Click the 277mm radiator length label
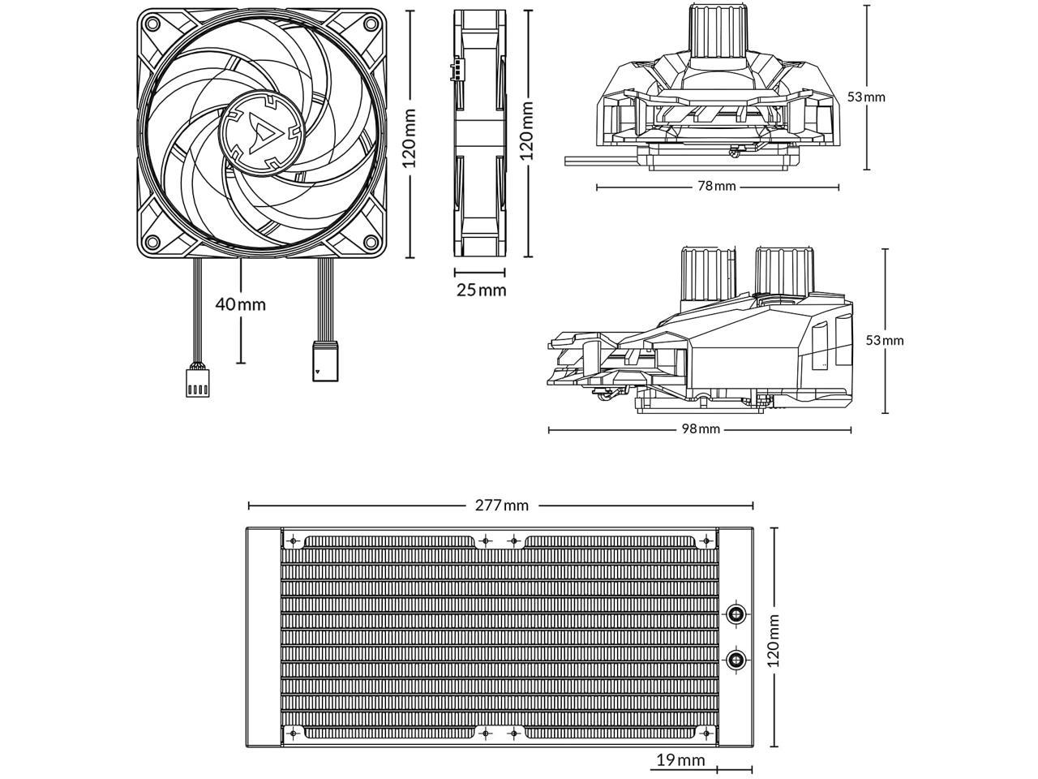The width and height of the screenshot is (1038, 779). (501, 506)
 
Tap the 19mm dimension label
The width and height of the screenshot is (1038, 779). (680, 760)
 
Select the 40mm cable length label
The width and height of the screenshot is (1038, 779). (240, 304)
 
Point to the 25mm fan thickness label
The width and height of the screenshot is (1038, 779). (480, 290)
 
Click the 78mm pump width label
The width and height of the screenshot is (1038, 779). (717, 187)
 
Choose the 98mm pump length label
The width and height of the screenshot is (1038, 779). (701, 429)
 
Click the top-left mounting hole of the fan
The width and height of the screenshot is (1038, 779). (151, 24)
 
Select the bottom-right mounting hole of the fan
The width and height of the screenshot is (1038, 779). (370, 243)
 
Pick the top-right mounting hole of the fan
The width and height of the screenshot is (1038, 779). (370, 24)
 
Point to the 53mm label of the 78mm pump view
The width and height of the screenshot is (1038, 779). (867, 97)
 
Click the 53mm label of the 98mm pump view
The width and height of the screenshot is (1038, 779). (884, 340)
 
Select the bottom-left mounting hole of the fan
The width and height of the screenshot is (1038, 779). (151, 243)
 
